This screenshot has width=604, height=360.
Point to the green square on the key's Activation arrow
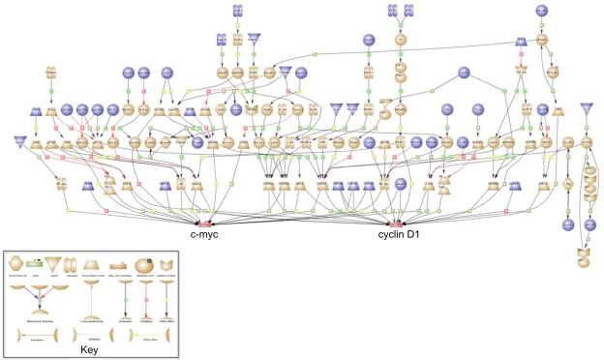click(x=125, y=299)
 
